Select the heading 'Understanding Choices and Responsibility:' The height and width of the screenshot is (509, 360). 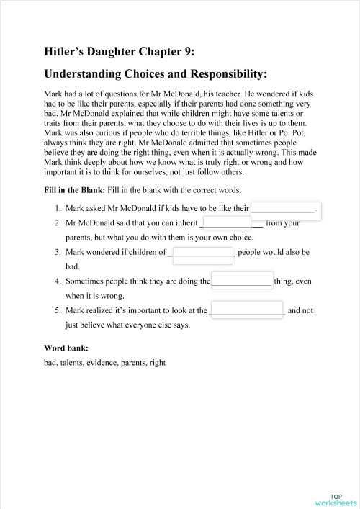[x=156, y=73]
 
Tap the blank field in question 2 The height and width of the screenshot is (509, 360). [x=227, y=223]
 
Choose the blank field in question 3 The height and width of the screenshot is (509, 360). [x=203, y=253]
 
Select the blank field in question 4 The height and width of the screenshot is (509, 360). [x=242, y=281]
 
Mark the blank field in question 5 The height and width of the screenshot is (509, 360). [x=248, y=311]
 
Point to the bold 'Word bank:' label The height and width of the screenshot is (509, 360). [x=66, y=348]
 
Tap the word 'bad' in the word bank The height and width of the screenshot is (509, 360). [x=50, y=363]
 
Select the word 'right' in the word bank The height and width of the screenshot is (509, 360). [x=157, y=363]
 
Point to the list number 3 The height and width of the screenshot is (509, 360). [x=57, y=253]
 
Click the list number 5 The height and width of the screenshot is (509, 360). [x=57, y=311]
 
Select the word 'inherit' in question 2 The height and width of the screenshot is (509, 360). [x=184, y=223]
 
